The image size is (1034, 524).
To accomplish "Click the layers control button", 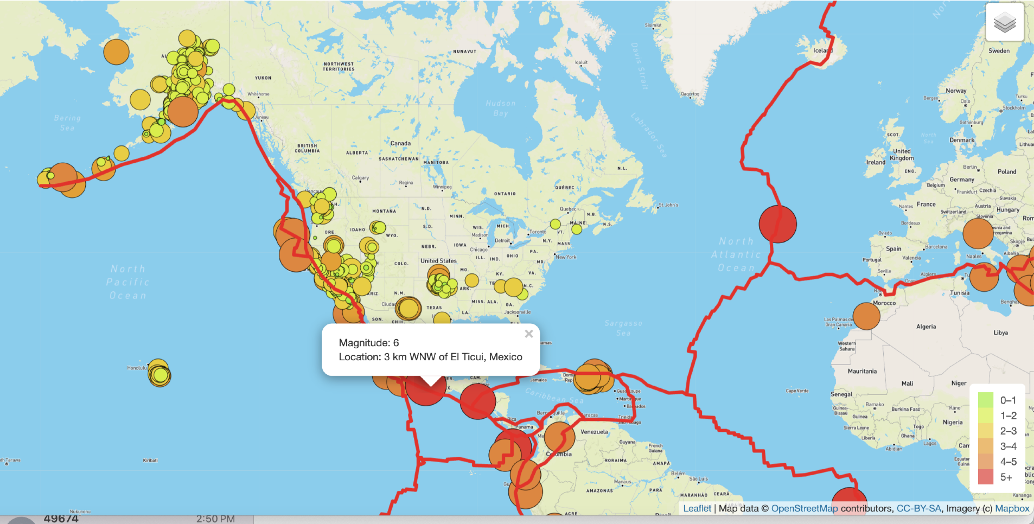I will (x=1004, y=22).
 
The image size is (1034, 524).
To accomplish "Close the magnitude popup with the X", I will (x=529, y=334).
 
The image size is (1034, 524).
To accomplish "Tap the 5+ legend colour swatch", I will (x=985, y=477).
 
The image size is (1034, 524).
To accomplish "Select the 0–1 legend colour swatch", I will (x=985, y=400).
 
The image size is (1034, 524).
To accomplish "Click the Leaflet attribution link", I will (x=697, y=508).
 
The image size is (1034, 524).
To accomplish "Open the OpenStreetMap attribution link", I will (x=804, y=508).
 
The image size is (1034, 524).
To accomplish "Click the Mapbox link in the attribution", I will (x=1012, y=508).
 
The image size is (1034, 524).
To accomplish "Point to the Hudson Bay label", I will (x=501, y=108).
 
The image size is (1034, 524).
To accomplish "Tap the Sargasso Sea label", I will (x=623, y=328).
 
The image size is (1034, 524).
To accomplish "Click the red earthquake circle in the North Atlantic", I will (x=777, y=223).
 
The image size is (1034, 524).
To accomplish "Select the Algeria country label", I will (x=926, y=327).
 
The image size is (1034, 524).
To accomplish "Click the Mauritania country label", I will (x=862, y=372).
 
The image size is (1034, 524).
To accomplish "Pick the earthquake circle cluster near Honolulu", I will (x=159, y=373).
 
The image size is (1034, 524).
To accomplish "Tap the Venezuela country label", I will (x=594, y=432).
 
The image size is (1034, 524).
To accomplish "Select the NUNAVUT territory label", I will (x=465, y=52).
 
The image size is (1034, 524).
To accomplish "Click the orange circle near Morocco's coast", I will (x=866, y=316).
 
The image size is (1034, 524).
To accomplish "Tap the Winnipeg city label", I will (x=442, y=187).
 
